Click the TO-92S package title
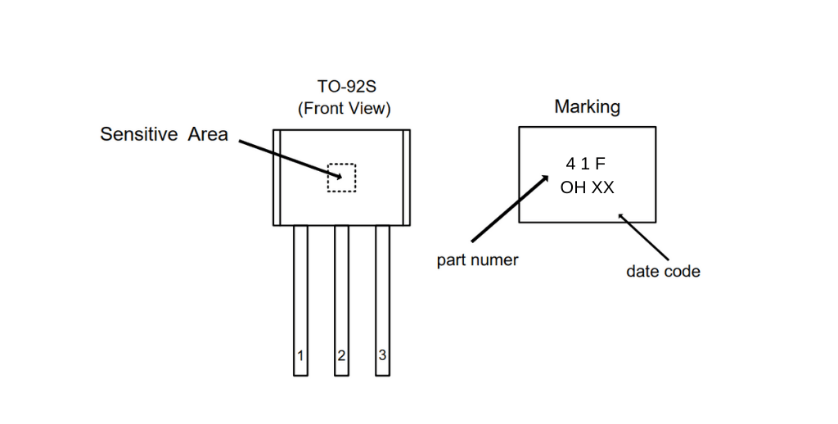347,86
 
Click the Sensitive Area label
164,133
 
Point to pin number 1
300,355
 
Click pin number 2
341,355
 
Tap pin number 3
382,355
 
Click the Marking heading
588,106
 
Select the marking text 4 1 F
586,164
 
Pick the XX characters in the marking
603,187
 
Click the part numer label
477,260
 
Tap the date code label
663,271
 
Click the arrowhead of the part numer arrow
544,179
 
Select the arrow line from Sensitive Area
291,159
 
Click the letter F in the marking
600,164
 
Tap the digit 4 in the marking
570,164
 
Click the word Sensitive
138,133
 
